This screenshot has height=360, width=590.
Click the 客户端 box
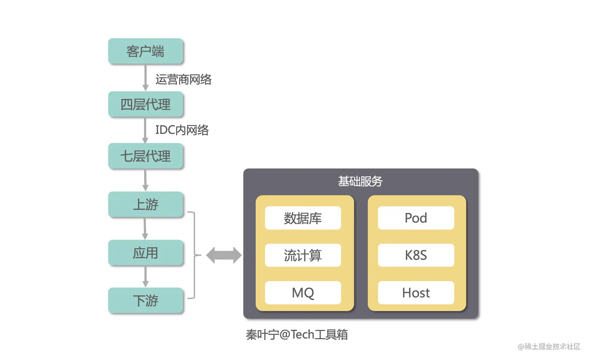pos(146,51)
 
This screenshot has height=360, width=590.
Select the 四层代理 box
pos(146,104)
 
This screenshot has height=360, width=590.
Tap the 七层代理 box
pos(146,156)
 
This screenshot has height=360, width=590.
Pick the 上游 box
pos(146,204)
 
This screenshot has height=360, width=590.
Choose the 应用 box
pos(146,253)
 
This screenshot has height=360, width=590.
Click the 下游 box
pos(146,301)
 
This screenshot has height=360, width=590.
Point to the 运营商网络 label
pos(183,80)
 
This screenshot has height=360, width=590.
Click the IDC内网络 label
pos(182,130)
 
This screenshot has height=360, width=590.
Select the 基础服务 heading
pos(360,182)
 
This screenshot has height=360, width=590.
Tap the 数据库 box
pos(303,218)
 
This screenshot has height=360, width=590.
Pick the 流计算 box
pos(303,255)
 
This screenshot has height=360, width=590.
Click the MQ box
pos(303,293)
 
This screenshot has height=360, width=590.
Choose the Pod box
pos(416,218)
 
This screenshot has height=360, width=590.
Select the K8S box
pos(416,255)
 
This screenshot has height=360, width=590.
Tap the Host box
pos(416,293)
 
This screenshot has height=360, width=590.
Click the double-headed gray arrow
pos(224,255)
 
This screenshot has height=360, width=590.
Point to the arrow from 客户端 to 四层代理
pos(145,78)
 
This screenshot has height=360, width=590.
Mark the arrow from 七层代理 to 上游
pos(145,180)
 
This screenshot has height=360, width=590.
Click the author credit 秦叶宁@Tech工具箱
pos(297,335)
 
